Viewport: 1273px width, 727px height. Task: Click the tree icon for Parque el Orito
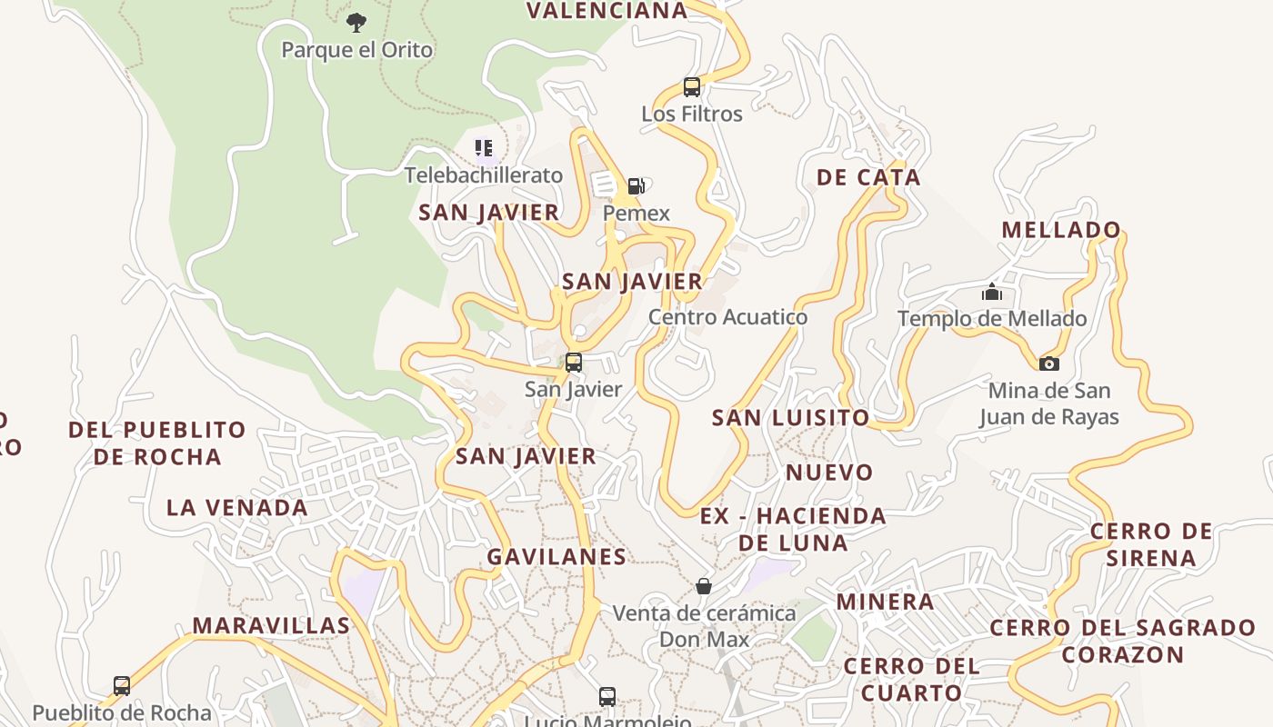click(356, 22)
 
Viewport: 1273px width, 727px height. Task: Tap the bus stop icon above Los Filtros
click(692, 87)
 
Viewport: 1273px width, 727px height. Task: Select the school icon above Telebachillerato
click(483, 147)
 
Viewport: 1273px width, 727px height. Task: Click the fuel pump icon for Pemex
click(636, 186)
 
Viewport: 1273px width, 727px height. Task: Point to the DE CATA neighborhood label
click(868, 177)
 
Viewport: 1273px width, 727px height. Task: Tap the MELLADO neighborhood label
click(1061, 230)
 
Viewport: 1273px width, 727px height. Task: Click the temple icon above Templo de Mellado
click(991, 293)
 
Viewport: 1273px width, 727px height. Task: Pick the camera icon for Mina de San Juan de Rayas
click(1048, 363)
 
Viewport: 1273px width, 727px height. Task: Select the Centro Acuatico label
click(727, 317)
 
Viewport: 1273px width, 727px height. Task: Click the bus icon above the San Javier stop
click(573, 362)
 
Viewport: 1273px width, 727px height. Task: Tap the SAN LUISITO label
click(790, 418)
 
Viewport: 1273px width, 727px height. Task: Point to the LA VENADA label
click(236, 508)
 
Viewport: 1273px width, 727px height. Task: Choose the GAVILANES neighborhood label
click(556, 557)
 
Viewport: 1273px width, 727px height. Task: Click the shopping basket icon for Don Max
click(703, 586)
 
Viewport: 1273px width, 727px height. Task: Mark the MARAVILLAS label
click(271, 625)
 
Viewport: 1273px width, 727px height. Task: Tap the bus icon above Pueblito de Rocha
click(122, 686)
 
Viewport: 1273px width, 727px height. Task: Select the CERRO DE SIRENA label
click(1151, 544)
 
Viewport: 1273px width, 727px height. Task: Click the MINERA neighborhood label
click(885, 602)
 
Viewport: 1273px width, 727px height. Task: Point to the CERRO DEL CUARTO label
click(911, 679)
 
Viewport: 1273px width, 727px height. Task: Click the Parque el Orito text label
click(356, 49)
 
